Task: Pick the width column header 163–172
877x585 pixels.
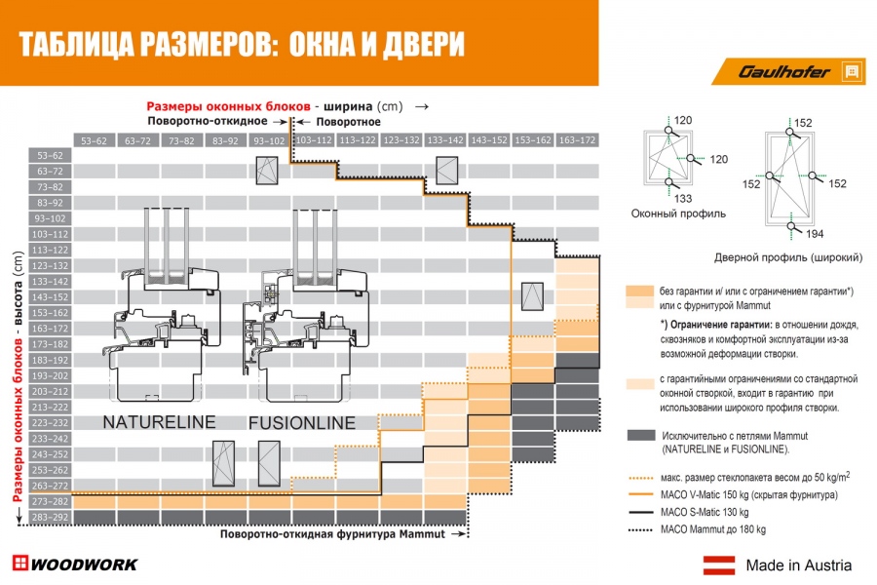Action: click(578, 140)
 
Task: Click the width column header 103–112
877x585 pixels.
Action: click(314, 140)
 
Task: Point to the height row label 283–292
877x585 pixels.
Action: click(48, 517)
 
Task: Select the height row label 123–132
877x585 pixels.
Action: click(48, 265)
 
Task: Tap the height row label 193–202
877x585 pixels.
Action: click(48, 375)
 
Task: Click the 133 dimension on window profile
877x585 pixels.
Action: click(683, 198)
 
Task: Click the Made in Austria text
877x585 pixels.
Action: click(798, 565)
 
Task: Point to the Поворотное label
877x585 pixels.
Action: click(345, 122)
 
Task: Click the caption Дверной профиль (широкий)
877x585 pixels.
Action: click(801, 257)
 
